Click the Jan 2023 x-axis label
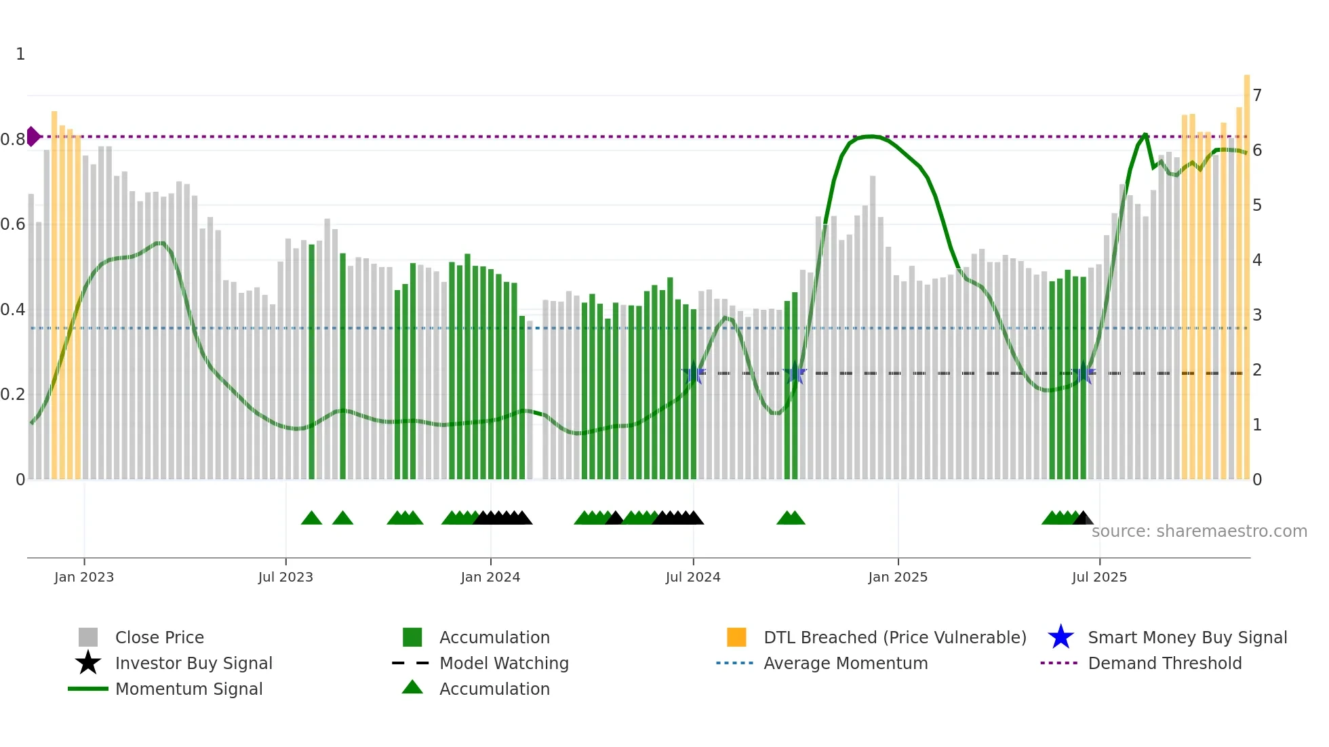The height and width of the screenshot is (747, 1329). [x=84, y=577]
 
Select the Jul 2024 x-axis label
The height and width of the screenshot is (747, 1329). [x=693, y=577]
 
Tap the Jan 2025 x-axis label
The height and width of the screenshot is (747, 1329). [x=898, y=577]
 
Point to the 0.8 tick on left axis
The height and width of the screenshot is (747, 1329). [x=13, y=140]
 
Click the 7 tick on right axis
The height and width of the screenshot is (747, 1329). [x=1257, y=96]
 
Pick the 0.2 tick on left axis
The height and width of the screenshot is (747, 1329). [x=13, y=395]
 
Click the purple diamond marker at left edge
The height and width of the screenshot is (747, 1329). [x=33, y=136]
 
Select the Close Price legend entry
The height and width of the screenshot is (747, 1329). [x=159, y=637]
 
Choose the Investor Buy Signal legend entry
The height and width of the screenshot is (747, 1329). [x=193, y=663]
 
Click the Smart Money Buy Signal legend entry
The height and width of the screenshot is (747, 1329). [x=1187, y=637]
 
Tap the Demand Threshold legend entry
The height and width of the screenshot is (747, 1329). [x=1164, y=663]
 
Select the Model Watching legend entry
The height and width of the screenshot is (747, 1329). [x=504, y=663]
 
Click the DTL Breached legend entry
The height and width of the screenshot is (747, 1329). [x=894, y=637]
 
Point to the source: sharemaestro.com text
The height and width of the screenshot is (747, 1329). [x=1199, y=531]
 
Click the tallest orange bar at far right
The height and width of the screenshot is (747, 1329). [x=1246, y=271]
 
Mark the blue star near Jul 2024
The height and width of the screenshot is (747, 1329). [x=693, y=373]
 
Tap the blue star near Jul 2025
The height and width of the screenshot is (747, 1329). [x=1084, y=373]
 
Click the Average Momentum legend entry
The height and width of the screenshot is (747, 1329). [x=846, y=663]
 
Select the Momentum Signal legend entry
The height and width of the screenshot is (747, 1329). [x=189, y=689]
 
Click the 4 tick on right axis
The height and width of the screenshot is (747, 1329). [x=1257, y=260]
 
